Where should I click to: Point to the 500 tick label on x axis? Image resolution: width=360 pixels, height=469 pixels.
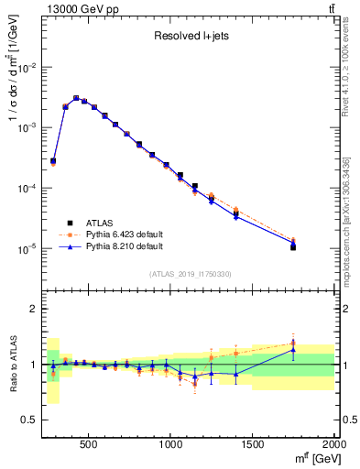click(89, 443)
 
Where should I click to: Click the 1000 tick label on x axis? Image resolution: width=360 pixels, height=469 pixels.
click(171, 443)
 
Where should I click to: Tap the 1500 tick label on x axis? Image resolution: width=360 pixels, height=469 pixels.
click(253, 443)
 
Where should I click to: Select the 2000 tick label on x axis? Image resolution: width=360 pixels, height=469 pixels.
click(333, 443)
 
